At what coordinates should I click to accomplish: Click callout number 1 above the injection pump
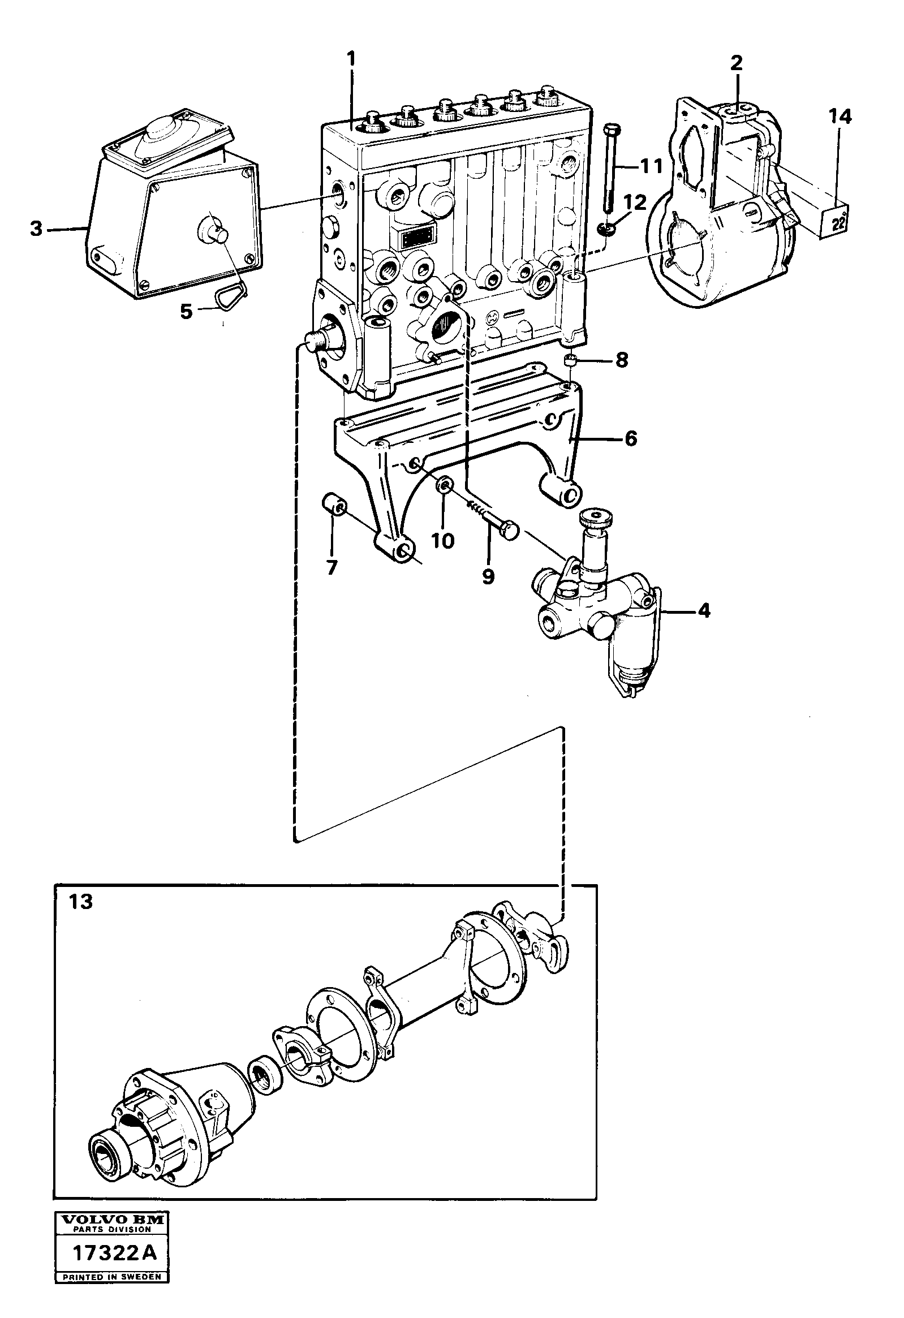pyautogui.click(x=352, y=58)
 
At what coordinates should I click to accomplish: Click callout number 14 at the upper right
pyautogui.click(x=840, y=117)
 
